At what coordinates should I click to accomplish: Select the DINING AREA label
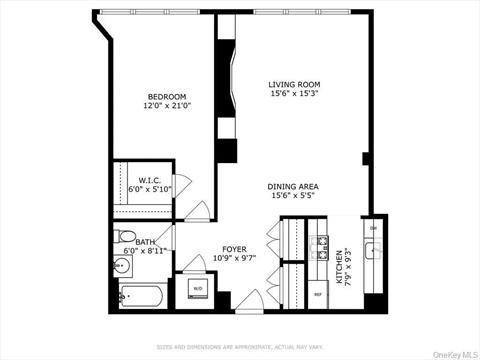[x=292, y=187]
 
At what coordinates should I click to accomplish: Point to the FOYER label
[x=235, y=249]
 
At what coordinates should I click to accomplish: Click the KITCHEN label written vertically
[x=341, y=268]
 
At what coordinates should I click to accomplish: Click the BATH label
[x=146, y=241]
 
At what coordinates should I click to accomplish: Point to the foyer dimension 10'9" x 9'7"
[x=235, y=258]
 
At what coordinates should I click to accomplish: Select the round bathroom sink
[x=124, y=268]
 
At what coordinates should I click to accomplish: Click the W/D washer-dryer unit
[x=196, y=290]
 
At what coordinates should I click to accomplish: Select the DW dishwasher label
[x=373, y=228]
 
